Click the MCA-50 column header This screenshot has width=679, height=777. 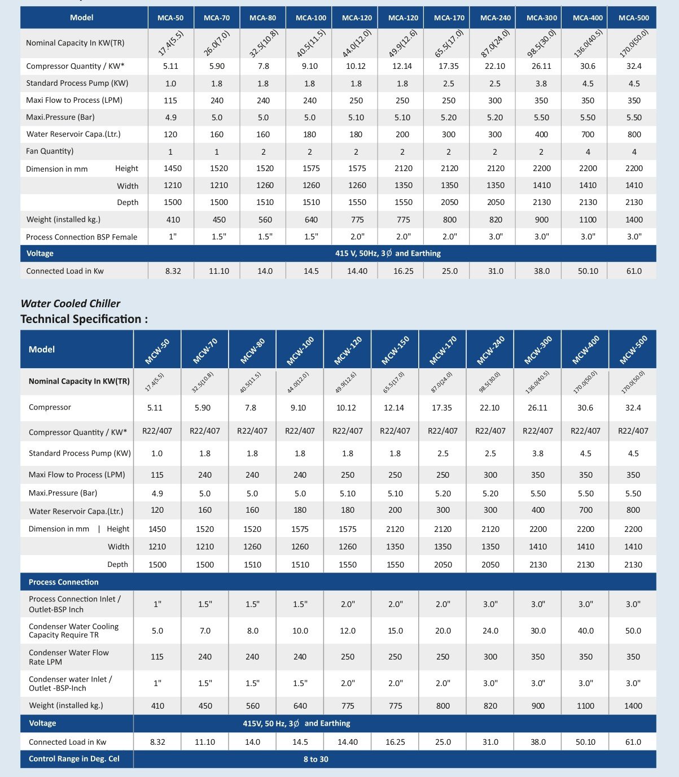tap(170, 18)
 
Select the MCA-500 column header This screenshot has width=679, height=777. tap(634, 18)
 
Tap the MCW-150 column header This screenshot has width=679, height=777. tap(395, 350)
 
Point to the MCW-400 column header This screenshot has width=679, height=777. tap(586, 350)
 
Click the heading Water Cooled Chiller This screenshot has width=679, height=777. tap(71, 303)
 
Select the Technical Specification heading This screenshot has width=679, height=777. tap(84, 319)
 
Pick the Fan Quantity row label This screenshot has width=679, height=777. tap(50, 151)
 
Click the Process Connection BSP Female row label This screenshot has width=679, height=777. tap(82, 237)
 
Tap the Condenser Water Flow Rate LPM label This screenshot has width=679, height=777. tap(69, 657)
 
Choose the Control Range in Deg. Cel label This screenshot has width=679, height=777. tap(74, 758)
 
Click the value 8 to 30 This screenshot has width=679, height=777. tap(316, 759)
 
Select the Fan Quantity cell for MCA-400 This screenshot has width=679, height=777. tap(588, 151)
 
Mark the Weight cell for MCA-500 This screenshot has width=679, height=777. tap(634, 220)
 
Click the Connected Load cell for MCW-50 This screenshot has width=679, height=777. tap(157, 742)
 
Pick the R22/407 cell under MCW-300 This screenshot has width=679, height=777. tap(538, 431)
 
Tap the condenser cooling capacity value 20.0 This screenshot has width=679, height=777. tap(443, 631)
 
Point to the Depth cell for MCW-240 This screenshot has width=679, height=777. tap(490, 564)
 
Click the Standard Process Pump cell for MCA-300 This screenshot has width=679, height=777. tap(541, 84)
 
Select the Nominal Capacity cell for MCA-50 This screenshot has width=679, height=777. tap(170, 43)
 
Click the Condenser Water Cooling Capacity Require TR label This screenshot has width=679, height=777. tap(74, 631)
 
